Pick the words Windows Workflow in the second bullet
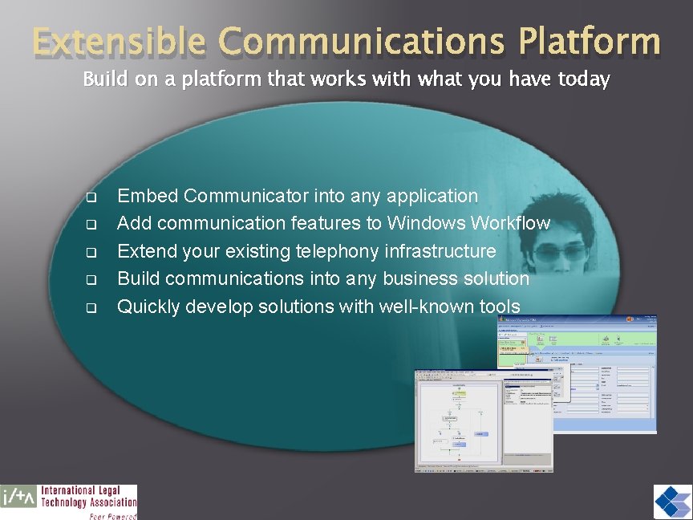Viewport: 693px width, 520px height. tap(469, 223)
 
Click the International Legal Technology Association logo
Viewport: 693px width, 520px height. tap(69, 502)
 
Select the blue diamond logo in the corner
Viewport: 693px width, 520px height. tap(671, 502)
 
